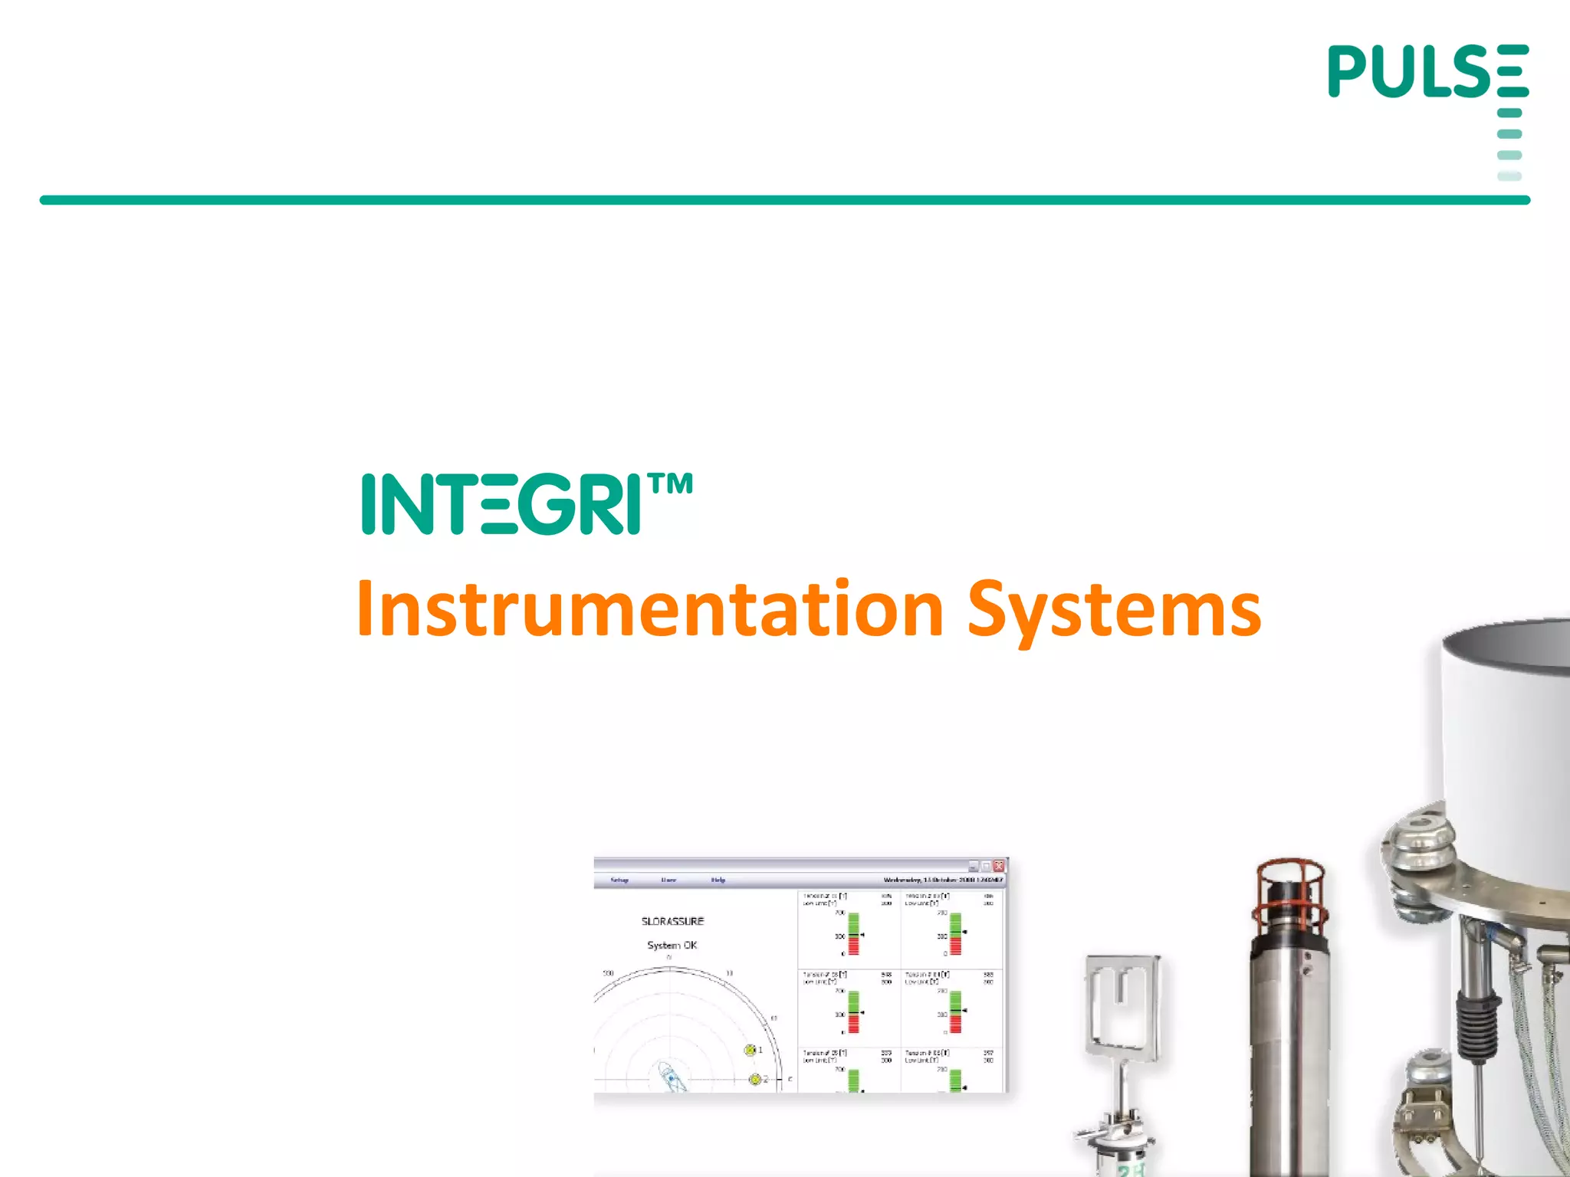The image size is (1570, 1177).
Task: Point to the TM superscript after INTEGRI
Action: [670, 484]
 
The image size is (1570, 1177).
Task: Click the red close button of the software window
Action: [999, 866]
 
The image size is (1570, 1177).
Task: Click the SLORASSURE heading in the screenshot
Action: [672, 921]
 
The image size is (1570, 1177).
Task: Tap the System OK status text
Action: [672, 946]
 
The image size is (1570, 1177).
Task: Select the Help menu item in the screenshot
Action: [718, 880]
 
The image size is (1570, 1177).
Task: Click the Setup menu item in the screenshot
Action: [619, 880]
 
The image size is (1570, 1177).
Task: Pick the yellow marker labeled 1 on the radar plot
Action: [751, 1050]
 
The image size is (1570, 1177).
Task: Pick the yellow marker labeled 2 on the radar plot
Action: [755, 1079]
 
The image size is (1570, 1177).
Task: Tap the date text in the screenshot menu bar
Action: [942, 880]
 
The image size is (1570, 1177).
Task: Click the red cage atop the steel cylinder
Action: [1291, 893]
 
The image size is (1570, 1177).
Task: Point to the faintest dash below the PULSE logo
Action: [1509, 176]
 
